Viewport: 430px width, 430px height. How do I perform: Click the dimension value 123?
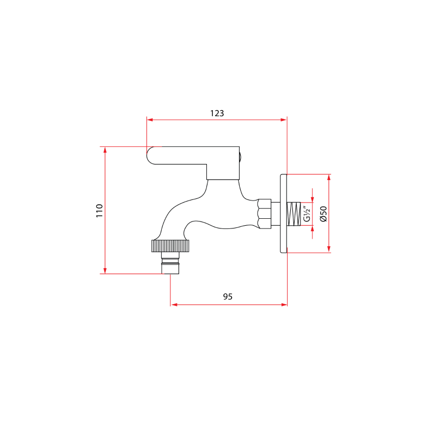[x=217, y=113]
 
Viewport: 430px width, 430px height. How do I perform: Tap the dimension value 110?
[x=99, y=210]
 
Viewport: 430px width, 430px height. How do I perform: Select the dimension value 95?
[x=228, y=297]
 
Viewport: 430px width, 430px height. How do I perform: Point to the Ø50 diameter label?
[x=323, y=213]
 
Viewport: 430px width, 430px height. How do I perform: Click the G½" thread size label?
[x=306, y=213]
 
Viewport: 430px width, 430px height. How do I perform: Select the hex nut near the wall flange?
[x=264, y=213]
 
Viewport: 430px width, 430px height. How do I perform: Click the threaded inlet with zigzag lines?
[x=293, y=213]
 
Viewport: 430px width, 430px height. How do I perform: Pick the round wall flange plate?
[x=283, y=213]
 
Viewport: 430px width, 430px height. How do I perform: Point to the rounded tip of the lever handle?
[x=152, y=155]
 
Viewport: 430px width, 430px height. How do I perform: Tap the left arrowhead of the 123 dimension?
[x=150, y=120]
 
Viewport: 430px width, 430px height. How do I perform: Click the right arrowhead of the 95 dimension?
[x=284, y=305]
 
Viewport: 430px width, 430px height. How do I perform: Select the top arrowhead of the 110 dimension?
[x=105, y=149]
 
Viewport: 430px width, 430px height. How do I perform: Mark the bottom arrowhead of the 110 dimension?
[x=105, y=271]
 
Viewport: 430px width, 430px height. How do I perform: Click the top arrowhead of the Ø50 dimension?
[x=328, y=177]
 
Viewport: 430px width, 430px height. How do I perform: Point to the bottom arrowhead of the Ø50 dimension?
[x=328, y=249]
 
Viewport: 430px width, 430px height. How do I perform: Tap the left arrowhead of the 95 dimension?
[x=174, y=305]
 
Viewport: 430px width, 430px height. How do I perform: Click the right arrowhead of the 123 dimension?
[x=284, y=120]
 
